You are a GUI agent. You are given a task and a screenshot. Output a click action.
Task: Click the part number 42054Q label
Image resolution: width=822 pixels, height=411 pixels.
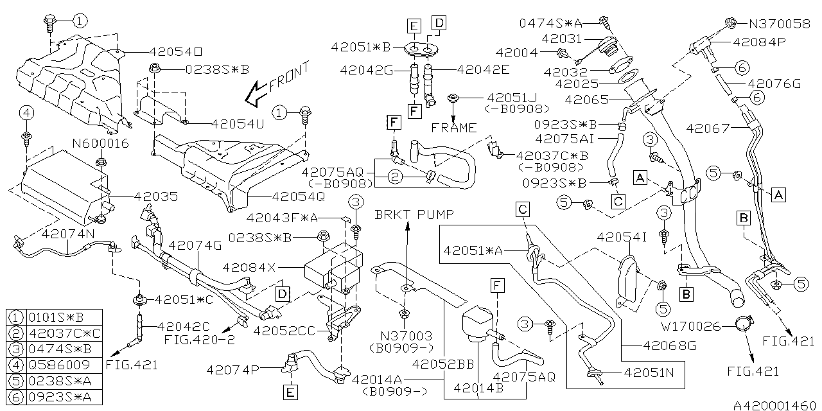coord(299,197)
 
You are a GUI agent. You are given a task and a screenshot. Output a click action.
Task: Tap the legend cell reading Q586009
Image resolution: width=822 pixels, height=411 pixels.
coord(59,365)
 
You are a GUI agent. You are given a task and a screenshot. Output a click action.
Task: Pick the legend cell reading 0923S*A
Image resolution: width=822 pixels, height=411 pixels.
coord(60,397)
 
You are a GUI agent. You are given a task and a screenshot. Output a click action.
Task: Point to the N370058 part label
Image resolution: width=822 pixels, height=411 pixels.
coord(780,24)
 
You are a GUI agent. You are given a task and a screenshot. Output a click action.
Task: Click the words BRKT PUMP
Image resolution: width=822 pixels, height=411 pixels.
coord(414,214)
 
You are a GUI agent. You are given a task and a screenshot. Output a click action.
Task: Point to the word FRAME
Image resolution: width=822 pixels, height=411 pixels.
coord(454,128)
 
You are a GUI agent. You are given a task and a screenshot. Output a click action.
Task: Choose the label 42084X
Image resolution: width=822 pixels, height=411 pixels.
coord(249,268)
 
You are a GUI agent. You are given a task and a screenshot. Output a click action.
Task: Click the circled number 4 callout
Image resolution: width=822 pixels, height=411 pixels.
coord(27,113)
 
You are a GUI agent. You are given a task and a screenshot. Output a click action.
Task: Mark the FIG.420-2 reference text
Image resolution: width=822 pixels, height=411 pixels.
coord(199,340)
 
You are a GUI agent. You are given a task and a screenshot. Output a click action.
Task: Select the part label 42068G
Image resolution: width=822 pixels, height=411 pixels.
coord(670,345)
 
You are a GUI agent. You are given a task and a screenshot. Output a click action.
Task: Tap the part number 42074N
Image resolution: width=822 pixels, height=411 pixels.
coord(68,234)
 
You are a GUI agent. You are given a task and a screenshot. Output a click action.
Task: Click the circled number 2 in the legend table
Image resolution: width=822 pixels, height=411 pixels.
coord(16,333)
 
